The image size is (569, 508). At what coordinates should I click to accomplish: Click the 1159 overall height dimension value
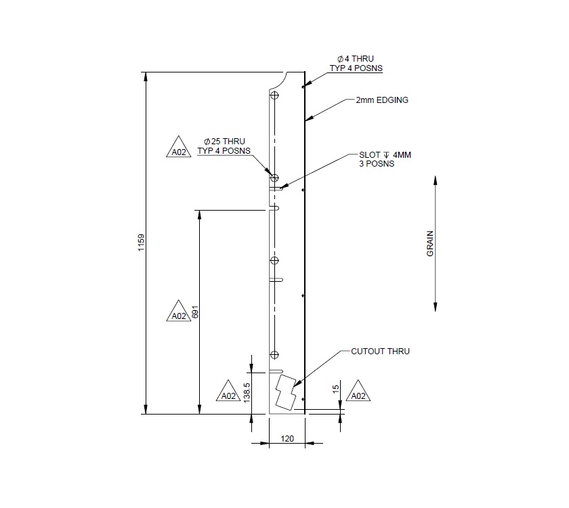[141, 243]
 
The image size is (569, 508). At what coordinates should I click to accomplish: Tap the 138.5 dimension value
[247, 392]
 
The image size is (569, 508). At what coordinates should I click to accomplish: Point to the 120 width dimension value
[287, 440]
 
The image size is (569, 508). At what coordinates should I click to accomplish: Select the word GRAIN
[429, 245]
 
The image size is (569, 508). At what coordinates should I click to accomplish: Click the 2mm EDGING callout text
[382, 100]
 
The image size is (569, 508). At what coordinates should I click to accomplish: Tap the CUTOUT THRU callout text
[380, 352]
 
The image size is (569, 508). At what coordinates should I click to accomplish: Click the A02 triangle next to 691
[178, 314]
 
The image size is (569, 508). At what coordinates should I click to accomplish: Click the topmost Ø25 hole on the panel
[274, 96]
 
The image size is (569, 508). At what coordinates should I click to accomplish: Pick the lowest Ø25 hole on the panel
[274, 355]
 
